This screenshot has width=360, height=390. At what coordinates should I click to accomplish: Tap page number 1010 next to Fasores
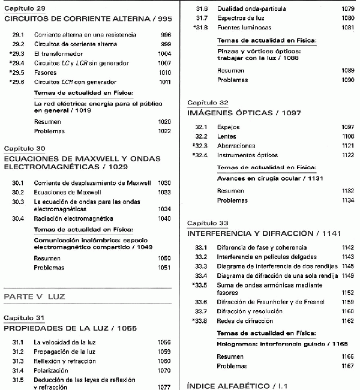pos(164,72)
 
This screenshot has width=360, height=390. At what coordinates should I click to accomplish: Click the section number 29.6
pos(18,82)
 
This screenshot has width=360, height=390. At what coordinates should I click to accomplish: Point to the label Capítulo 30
pos(25,148)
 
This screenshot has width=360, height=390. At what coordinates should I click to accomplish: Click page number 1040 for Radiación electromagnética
pos(164,219)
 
